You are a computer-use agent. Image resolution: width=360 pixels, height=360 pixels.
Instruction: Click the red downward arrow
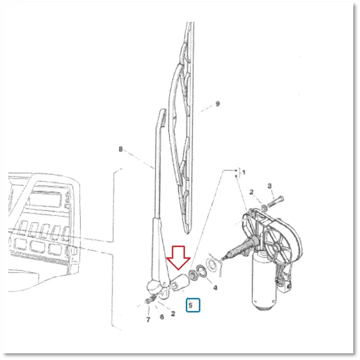pos(178,257)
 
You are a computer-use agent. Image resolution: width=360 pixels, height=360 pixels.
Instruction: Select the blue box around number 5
pos(193,305)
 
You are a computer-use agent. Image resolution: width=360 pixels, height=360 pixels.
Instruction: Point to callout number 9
pos(218,104)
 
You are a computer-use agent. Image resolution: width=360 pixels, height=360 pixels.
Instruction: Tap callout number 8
pos(121,149)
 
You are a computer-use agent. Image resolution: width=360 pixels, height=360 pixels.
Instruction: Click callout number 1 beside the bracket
pos(244,172)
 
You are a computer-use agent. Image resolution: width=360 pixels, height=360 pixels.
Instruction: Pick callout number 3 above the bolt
pos(270,186)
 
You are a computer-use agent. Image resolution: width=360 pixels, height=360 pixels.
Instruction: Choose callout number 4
pos(215,287)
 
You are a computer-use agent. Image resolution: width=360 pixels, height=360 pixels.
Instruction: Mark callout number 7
pos(148,319)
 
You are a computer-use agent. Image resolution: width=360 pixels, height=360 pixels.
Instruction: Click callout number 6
pos(162,317)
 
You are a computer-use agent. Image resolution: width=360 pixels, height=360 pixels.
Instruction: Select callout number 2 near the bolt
pos(251,192)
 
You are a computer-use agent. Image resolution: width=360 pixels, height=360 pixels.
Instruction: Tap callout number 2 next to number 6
pos(173,314)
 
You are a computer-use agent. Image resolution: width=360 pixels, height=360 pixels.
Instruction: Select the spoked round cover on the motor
pos(277,247)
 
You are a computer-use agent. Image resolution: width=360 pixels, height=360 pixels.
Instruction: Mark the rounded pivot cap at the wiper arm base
pos(153,287)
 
